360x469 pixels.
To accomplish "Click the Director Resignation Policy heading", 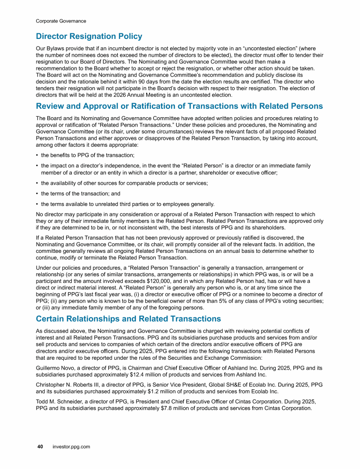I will pos(89,36).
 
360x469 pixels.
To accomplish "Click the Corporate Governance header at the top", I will pos(61,21).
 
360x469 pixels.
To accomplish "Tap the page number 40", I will pos(40,446).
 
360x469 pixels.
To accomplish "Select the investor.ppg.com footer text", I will pos(71,446).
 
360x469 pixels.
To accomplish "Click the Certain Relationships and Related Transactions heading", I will pos(128,319).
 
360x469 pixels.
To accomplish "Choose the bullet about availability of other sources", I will pos(124,183).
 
